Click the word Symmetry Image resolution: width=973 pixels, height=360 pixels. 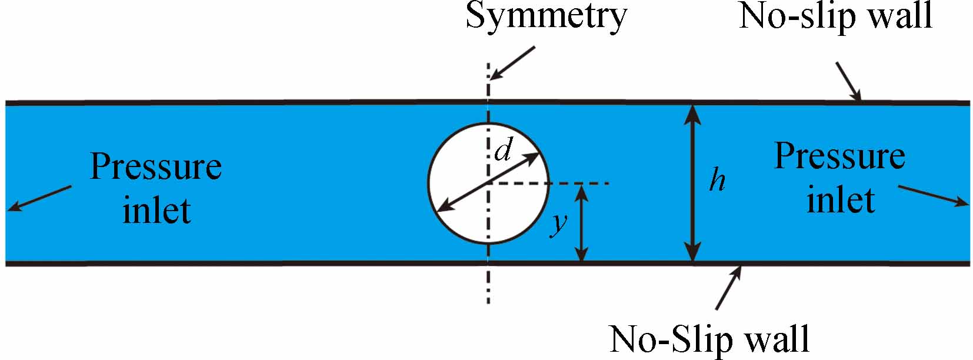(x=546, y=16)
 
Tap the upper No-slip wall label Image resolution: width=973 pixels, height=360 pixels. (x=835, y=16)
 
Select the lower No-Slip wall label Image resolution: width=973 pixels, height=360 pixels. (x=709, y=339)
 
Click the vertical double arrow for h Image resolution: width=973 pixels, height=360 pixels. (x=694, y=182)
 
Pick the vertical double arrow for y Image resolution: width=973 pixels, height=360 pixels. (x=581, y=222)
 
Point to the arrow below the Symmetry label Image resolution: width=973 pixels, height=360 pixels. (x=512, y=62)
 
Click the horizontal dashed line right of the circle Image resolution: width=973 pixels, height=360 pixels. (x=579, y=184)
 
